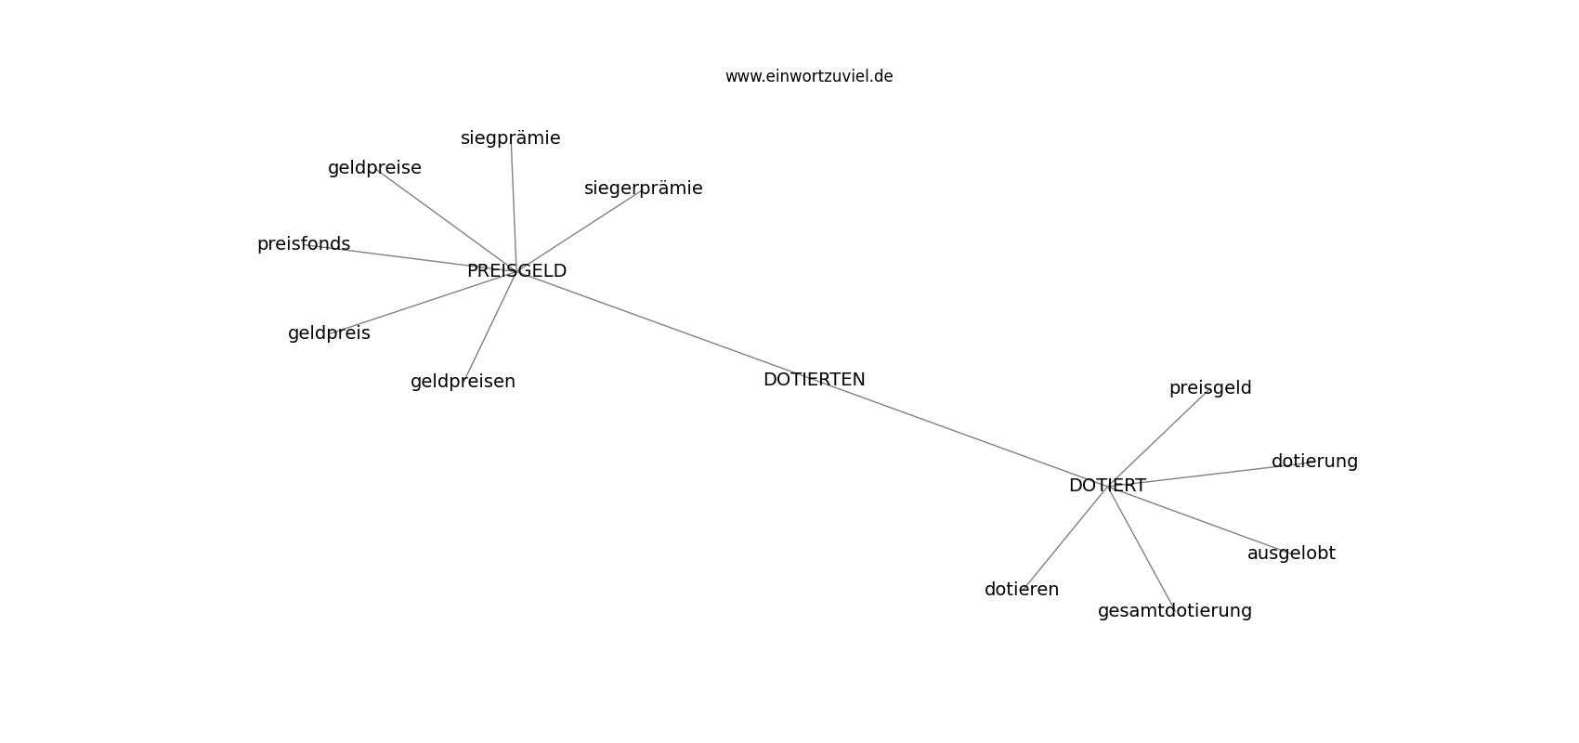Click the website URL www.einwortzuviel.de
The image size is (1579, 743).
(808, 76)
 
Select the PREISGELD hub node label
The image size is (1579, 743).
(516, 270)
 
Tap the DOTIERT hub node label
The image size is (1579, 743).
(1107, 486)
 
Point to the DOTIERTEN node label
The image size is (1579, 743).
(815, 380)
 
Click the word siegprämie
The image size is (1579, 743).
(510, 138)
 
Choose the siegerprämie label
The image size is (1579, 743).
(644, 189)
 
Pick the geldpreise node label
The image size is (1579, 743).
(374, 168)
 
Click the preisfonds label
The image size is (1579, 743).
(304, 244)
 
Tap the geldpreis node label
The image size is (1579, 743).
(329, 332)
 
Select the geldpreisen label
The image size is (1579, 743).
(463, 382)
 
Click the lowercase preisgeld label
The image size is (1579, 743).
(1210, 387)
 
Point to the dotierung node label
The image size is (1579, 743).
(1314, 461)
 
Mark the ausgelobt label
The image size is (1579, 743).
(1291, 554)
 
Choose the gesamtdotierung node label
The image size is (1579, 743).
(1175, 610)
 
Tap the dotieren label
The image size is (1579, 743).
(1022, 590)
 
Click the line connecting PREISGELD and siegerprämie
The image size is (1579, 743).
(581, 230)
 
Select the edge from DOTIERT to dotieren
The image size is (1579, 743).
(1064, 538)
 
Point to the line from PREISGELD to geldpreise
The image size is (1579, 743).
(446, 220)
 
